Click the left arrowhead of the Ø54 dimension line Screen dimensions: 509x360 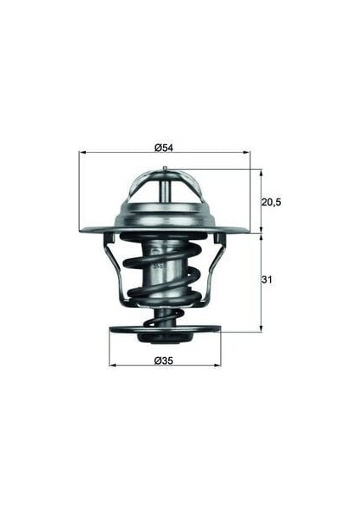[x=82, y=154]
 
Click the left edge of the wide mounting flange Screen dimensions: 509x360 [x=83, y=230]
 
